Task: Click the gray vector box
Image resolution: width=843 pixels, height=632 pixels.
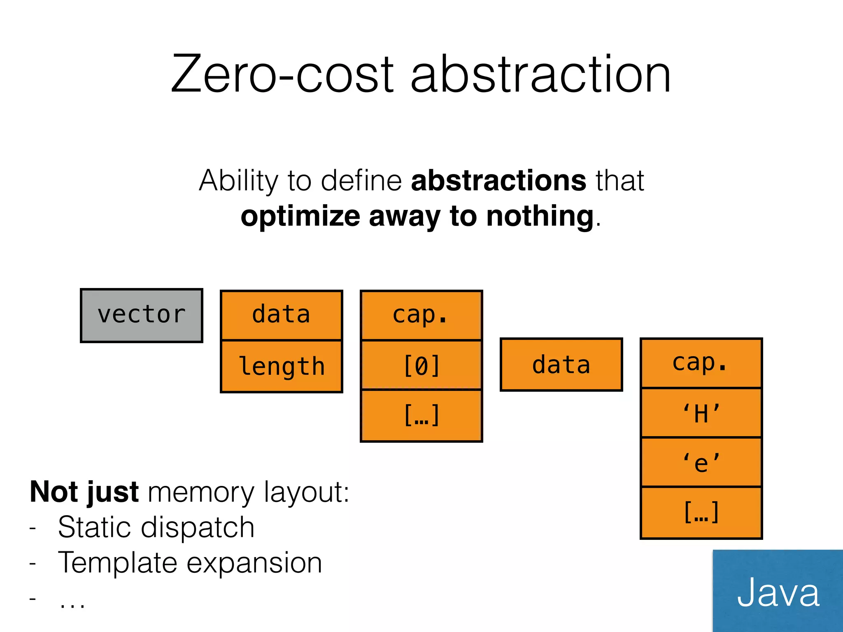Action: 142,316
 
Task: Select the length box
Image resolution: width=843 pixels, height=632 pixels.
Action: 282,366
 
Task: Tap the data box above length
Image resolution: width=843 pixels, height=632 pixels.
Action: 282,315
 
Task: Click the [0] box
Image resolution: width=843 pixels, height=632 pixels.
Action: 421,365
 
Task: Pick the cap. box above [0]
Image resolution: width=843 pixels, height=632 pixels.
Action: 421,315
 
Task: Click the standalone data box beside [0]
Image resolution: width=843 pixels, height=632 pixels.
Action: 561,365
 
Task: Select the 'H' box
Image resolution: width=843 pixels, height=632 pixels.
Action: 701,413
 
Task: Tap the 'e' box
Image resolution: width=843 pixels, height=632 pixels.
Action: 701,462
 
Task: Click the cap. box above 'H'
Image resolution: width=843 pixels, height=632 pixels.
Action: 701,363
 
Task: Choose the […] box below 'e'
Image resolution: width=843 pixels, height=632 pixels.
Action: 701,513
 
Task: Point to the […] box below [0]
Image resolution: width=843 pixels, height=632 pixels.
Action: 421,416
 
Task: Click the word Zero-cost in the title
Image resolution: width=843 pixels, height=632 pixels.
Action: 282,75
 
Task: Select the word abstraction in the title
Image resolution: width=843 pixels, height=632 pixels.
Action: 541,75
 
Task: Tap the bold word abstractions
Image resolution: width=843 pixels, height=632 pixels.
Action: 498,181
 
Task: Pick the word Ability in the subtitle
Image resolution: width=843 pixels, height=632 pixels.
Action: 239,181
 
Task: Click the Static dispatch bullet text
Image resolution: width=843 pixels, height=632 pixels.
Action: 156,527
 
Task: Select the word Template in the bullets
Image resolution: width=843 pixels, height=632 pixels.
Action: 118,563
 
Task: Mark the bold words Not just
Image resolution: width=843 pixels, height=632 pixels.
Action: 84,492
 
